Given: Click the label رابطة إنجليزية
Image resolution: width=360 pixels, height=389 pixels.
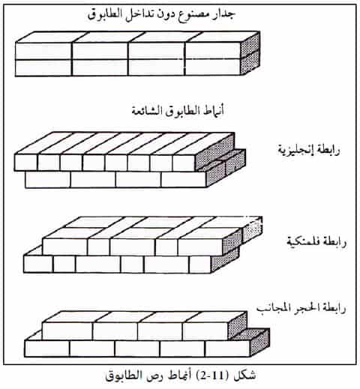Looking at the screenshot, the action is point(309,150).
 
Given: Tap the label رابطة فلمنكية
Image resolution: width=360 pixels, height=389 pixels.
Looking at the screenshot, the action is point(316,242).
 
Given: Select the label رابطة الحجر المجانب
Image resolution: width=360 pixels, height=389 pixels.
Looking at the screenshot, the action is point(301,308).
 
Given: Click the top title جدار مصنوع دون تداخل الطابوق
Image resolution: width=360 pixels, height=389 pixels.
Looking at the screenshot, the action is point(161,14).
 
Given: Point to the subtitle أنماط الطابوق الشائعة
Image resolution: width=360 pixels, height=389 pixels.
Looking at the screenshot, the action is point(178,111).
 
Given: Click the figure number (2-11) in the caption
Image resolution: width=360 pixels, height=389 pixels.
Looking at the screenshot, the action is point(210,375).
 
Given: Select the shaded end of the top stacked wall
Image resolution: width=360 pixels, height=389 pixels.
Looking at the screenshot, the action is point(250,53).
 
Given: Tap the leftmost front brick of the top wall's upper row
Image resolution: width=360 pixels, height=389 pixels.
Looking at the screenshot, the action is point(43,51).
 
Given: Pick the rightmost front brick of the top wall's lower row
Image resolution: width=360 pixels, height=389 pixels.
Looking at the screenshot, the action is point(212,67).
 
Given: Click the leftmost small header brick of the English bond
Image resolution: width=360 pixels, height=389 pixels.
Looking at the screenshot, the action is point(26,163).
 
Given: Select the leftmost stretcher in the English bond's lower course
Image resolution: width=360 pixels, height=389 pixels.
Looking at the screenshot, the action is point(48,179).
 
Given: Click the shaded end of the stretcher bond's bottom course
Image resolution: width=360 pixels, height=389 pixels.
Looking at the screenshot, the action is point(260,343).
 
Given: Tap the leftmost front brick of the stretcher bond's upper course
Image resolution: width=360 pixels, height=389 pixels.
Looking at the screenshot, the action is point(67,331).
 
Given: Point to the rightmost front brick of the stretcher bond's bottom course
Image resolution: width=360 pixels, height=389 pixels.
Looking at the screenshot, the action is point(228,349).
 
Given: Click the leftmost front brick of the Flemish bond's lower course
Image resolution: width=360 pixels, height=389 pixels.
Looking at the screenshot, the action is point(38,264).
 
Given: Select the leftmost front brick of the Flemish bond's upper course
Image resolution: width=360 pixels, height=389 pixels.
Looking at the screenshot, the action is point(65,247).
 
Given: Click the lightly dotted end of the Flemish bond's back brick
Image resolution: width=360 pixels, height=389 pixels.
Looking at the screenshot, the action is point(253,230).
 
